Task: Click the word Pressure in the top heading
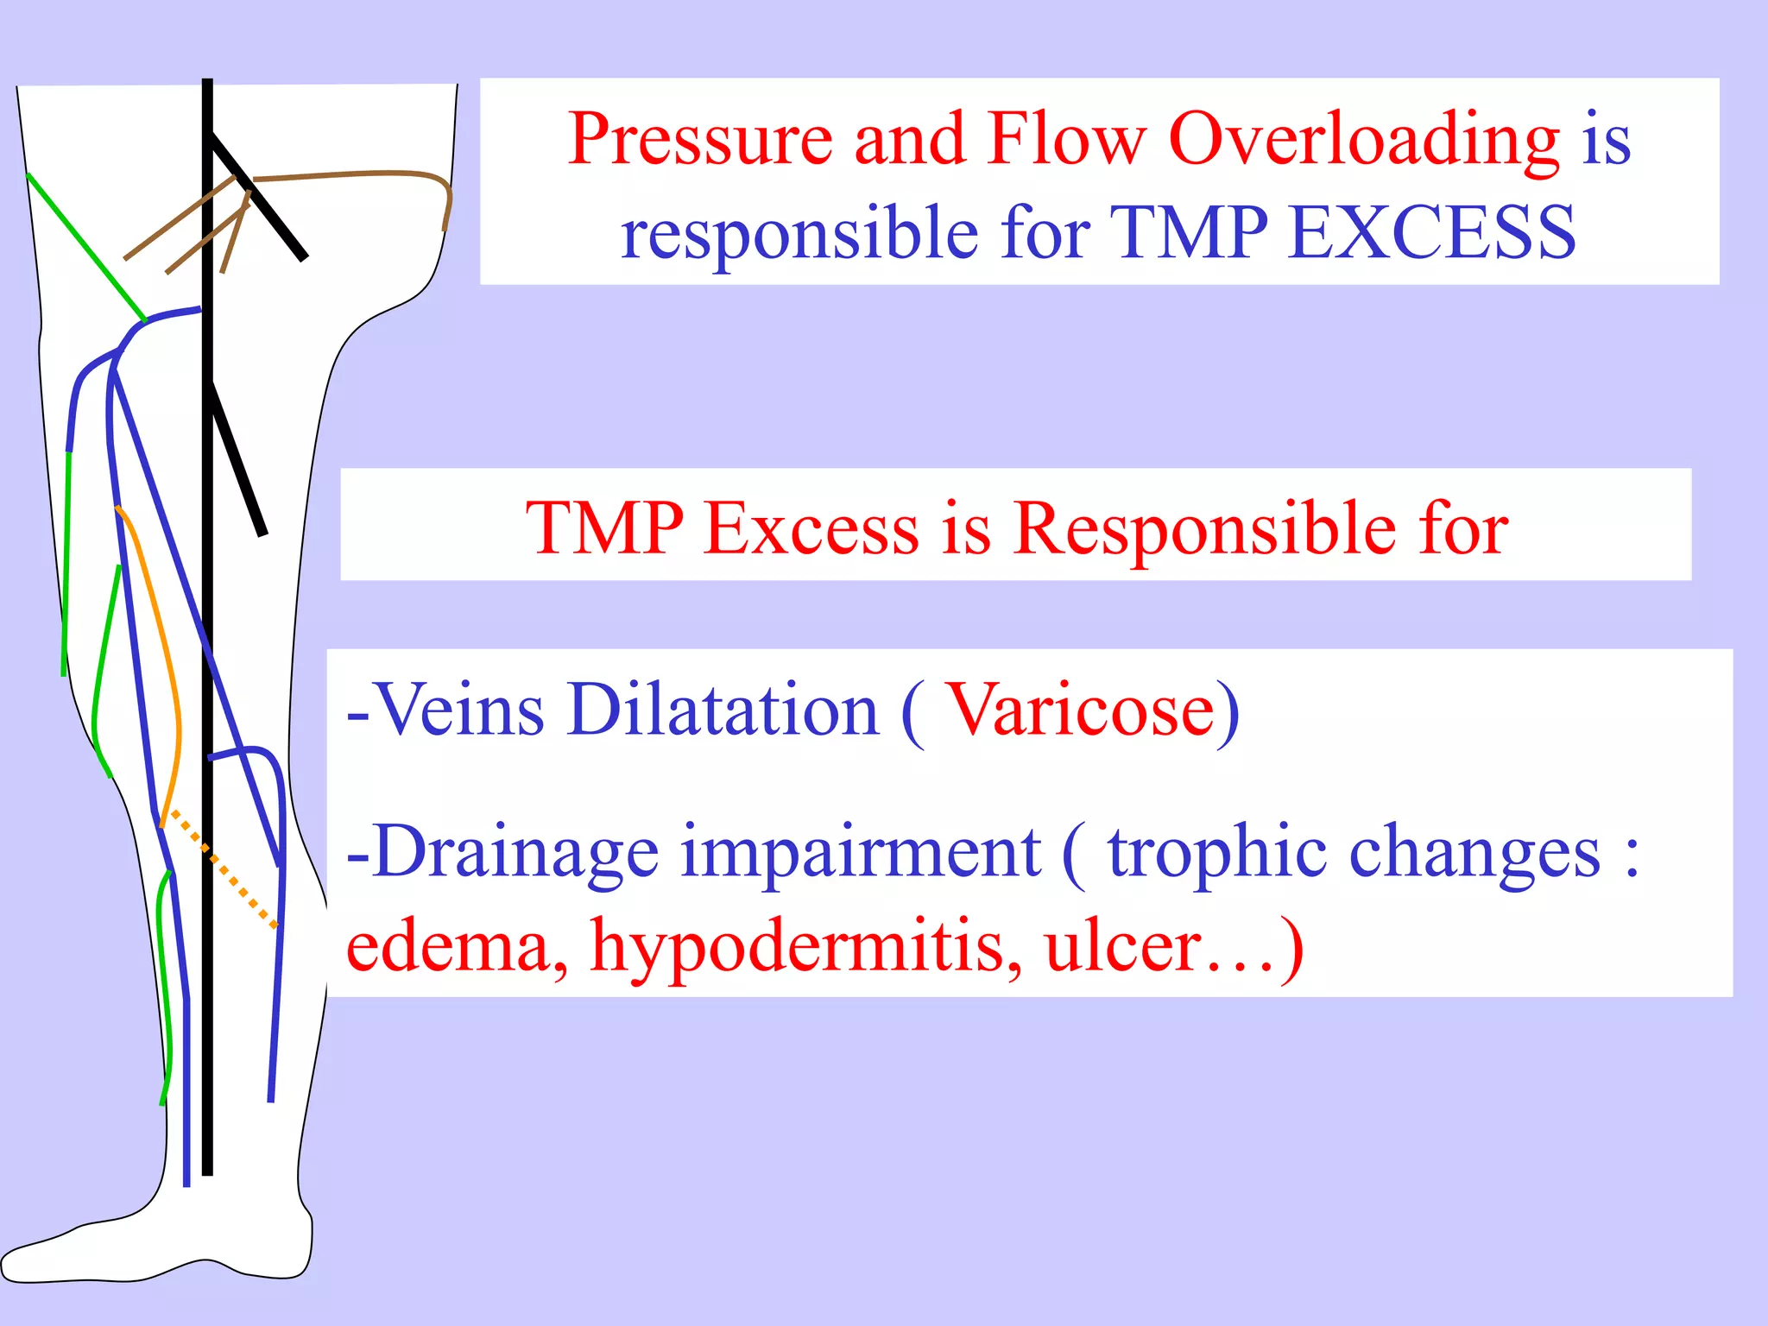pos(699,140)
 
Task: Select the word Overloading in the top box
pos(1364,140)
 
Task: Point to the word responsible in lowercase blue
pos(799,235)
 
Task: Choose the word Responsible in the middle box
pos(1204,528)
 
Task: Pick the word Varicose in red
pos(1083,710)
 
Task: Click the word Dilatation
pos(723,710)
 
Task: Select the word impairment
pos(860,853)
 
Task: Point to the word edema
pos(458,947)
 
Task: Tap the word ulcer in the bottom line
pos(1122,947)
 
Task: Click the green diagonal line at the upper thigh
pos(86,247)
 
